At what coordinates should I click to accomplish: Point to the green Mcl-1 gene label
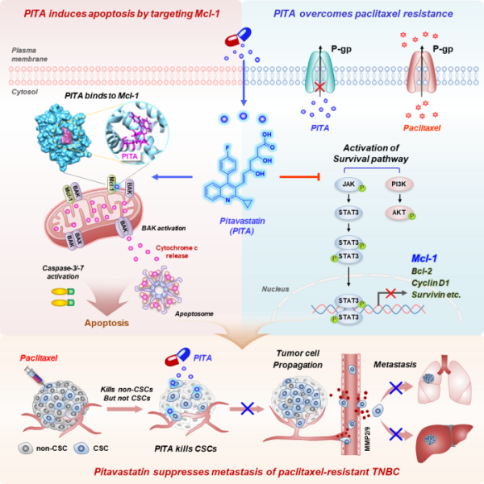(x=423, y=259)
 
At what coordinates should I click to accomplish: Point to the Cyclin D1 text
(x=428, y=283)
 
